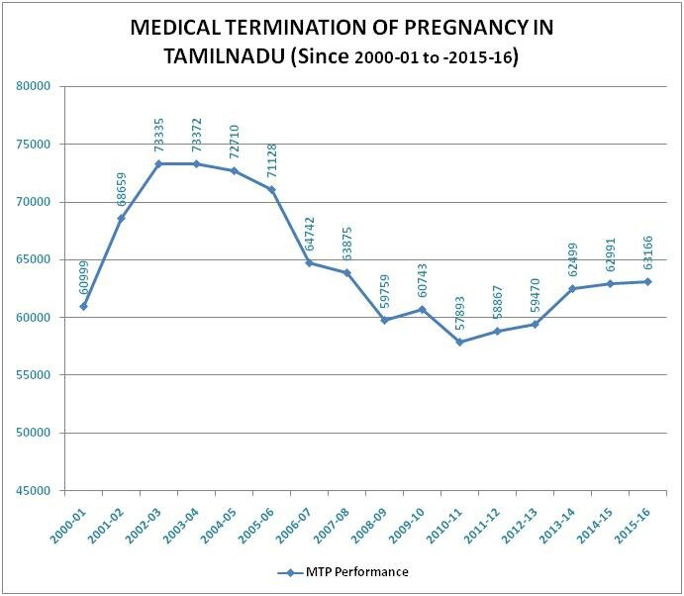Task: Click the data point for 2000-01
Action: point(84,306)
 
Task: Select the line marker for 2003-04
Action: point(197,163)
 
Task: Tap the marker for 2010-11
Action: point(459,343)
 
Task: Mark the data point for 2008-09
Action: point(385,321)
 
